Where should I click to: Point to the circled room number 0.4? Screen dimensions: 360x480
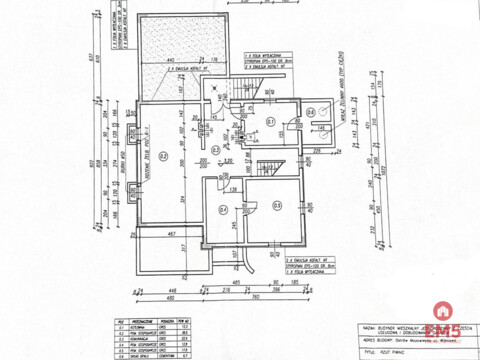(x=223, y=209)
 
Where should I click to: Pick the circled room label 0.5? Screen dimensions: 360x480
(x=277, y=205)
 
